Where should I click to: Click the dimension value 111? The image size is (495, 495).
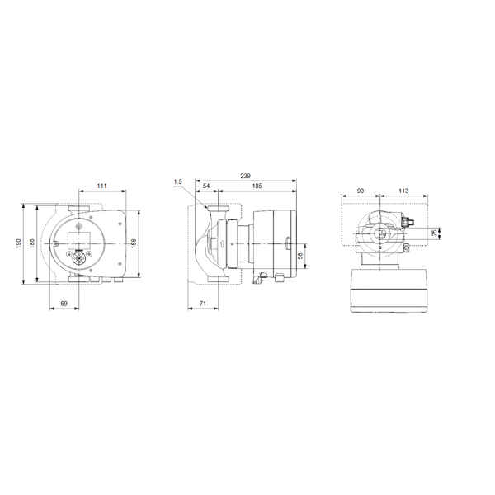pyautogui.click(x=101, y=186)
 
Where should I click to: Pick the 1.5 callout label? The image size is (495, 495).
pyautogui.click(x=178, y=181)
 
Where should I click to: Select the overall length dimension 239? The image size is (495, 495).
pyautogui.click(x=245, y=177)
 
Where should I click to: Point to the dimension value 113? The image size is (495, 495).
pyautogui.click(x=403, y=191)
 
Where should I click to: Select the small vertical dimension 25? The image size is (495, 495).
pyautogui.click(x=435, y=233)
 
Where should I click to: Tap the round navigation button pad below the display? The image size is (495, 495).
pyautogui.click(x=80, y=257)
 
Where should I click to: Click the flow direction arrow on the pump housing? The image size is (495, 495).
pyautogui.click(x=222, y=243)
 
